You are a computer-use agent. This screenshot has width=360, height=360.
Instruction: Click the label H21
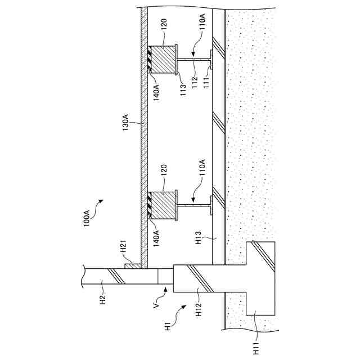125,248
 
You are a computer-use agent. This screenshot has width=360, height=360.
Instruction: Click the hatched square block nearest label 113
162,58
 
